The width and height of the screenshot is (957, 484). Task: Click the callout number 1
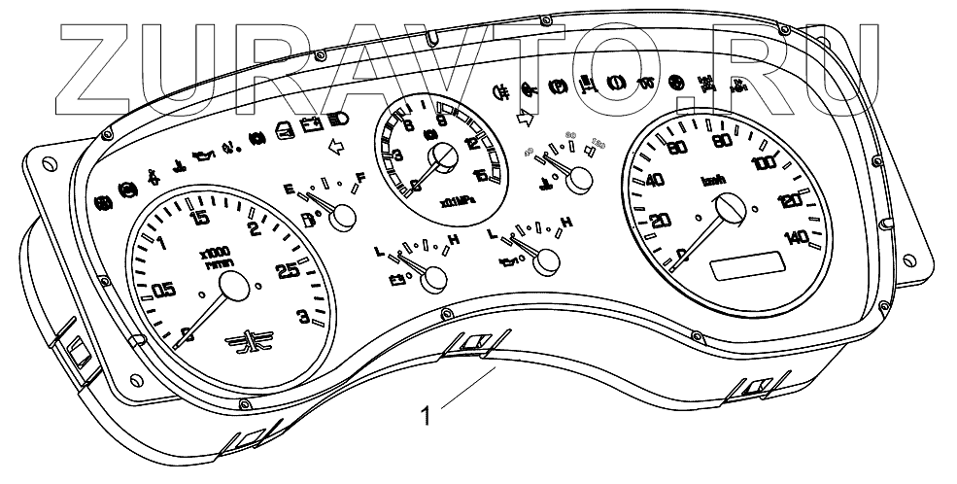tap(424, 417)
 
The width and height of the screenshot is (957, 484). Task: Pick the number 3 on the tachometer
tap(303, 315)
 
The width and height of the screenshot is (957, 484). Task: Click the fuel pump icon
tap(310, 220)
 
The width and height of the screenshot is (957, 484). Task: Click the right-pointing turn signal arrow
tap(527, 119)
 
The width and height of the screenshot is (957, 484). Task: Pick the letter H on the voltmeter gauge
tap(454, 239)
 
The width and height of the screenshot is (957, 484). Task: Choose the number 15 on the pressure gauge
tap(481, 177)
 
